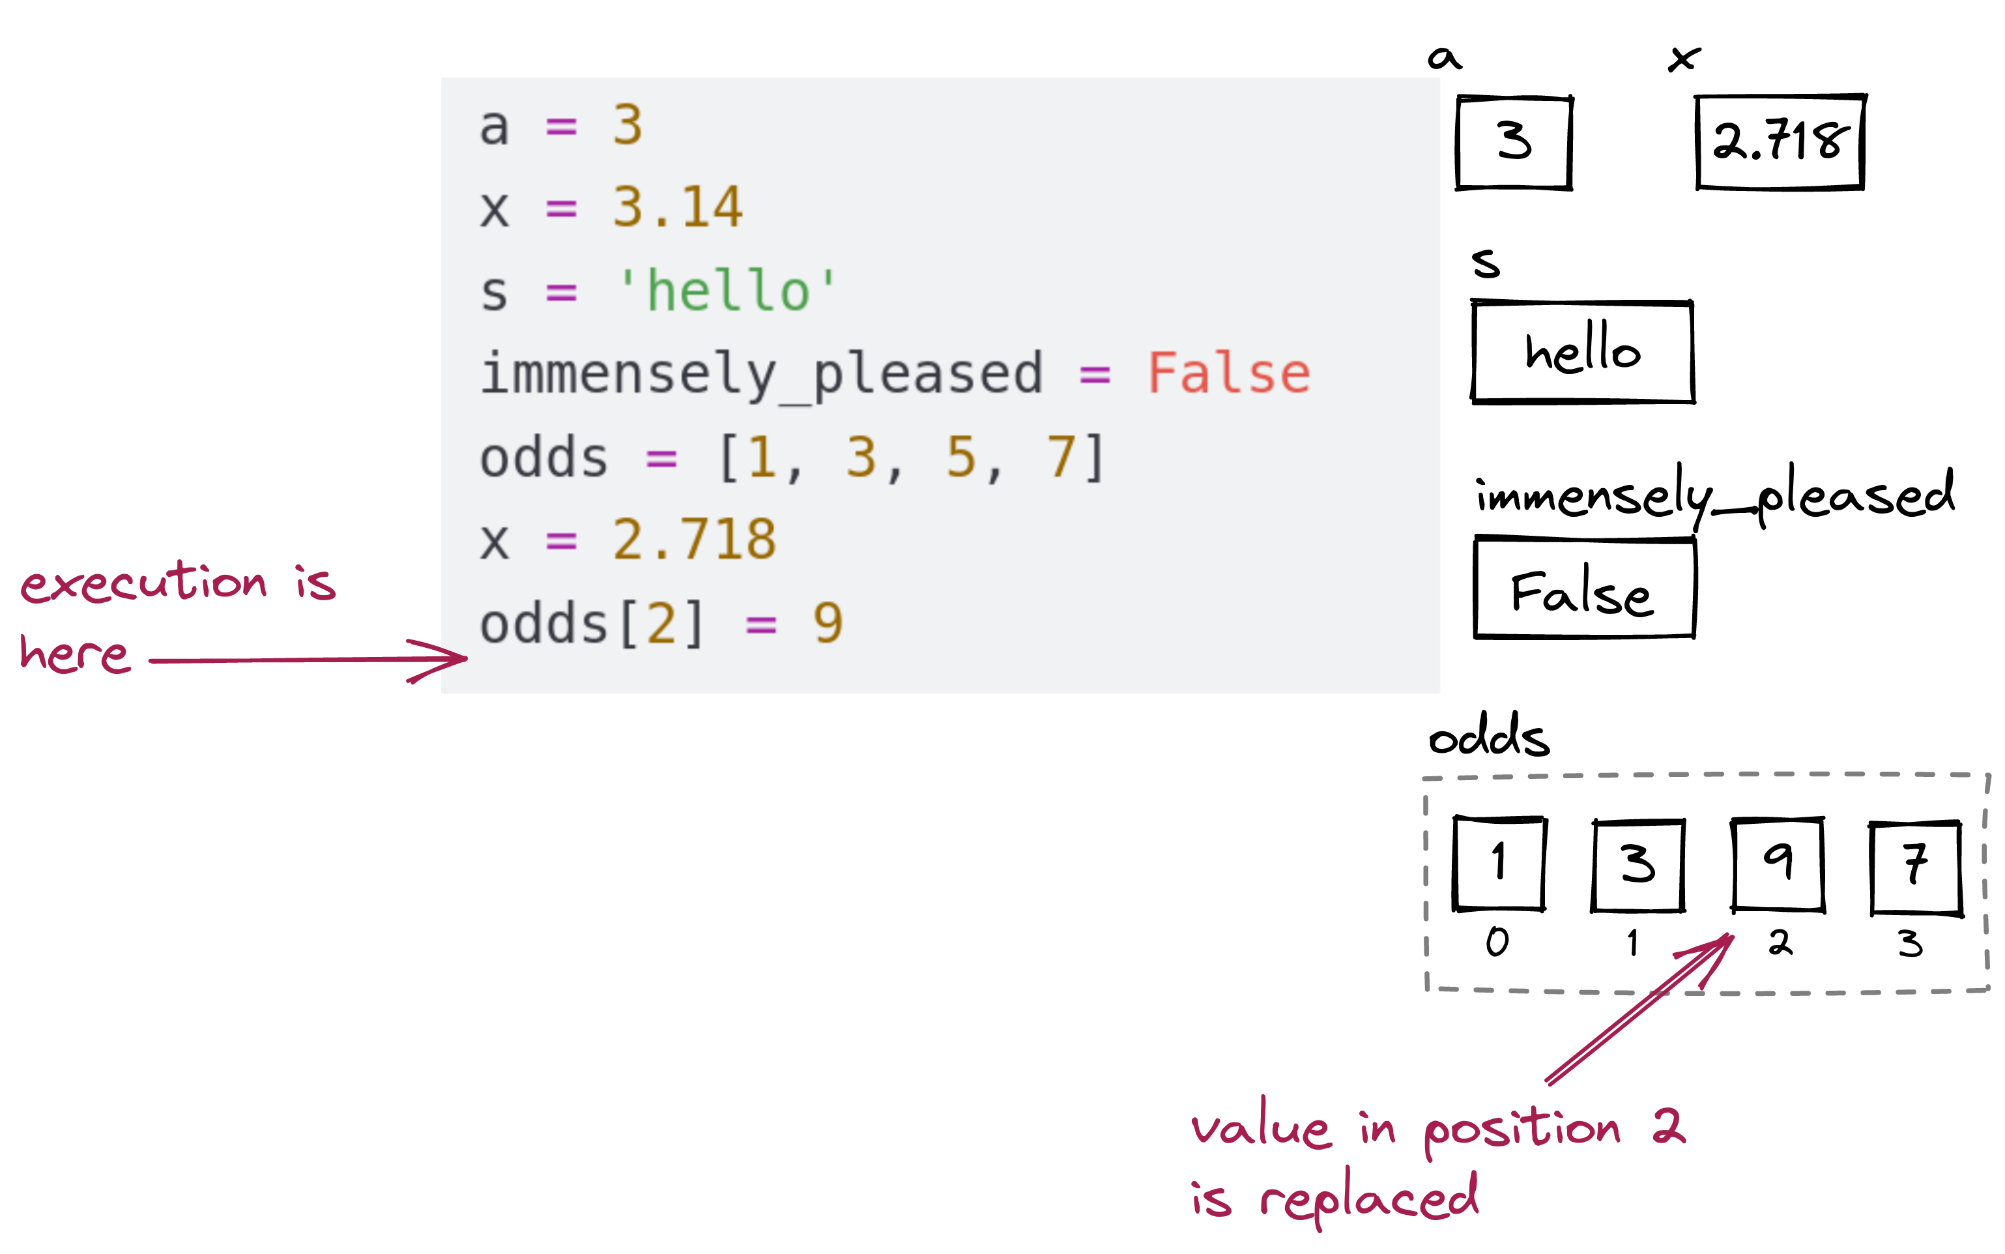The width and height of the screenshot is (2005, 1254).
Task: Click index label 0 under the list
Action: pos(1497,941)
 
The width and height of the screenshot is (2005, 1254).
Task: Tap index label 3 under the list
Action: pos(1911,944)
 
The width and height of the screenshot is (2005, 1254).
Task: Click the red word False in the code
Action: pos(1228,373)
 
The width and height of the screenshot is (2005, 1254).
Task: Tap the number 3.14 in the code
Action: pos(678,207)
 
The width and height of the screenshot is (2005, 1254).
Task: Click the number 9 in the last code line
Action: pos(828,623)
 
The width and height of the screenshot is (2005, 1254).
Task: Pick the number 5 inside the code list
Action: pos(961,457)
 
